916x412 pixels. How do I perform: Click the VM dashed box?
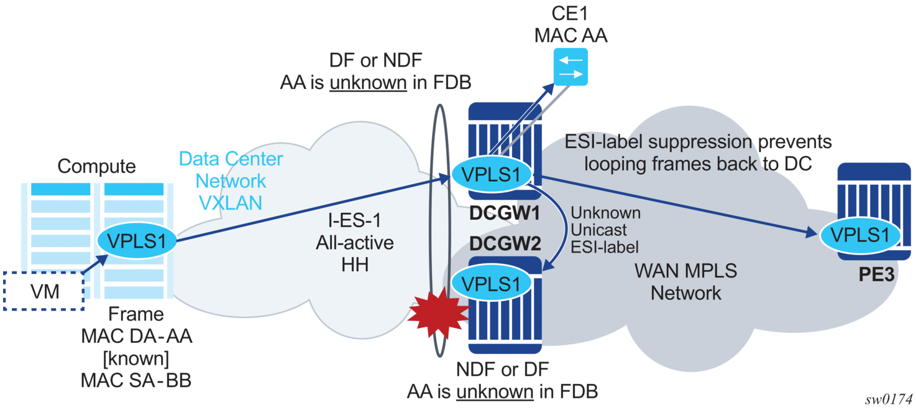tap(45, 291)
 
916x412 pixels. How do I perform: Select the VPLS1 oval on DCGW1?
tap(487, 174)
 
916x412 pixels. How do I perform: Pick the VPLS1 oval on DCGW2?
tap(487, 283)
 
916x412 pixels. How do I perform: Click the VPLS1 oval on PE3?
tap(860, 235)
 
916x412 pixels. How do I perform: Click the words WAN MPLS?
tap(685, 271)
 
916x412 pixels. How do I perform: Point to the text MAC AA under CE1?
tap(570, 36)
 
